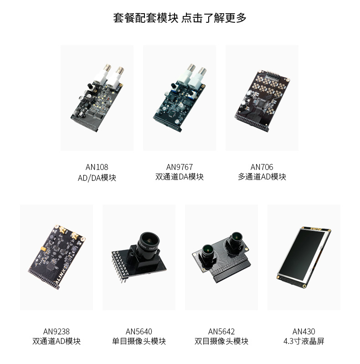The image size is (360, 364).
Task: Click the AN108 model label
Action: coord(97,167)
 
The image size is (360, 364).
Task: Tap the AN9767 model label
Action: coord(179,167)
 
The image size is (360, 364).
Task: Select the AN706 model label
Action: coord(262,167)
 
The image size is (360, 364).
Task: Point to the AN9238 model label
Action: coord(57,332)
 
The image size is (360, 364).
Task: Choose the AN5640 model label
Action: coord(139,332)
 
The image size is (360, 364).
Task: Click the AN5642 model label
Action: coord(221,332)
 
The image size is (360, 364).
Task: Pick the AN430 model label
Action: coord(304,332)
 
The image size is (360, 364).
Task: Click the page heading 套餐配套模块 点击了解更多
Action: coord(180,18)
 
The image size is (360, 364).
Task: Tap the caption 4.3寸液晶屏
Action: coord(304,341)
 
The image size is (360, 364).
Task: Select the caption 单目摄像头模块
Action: coord(139,341)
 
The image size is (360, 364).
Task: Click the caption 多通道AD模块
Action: coord(262,177)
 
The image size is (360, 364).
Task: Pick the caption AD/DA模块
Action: coord(97,178)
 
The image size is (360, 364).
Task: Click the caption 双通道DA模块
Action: coord(179,177)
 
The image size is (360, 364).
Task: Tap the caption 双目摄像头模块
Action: coord(221,341)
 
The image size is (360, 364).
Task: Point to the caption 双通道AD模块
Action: coord(57,341)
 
